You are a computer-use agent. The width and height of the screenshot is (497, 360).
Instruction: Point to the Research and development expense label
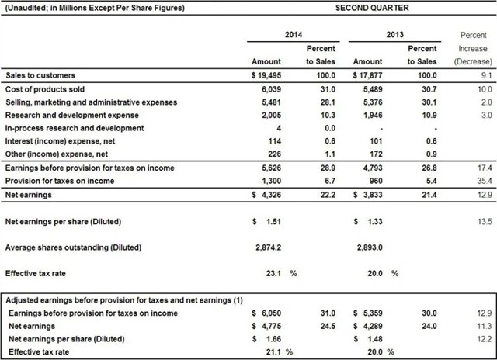(x=74, y=115)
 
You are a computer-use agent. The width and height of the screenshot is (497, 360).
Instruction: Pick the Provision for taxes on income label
(x=64, y=181)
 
